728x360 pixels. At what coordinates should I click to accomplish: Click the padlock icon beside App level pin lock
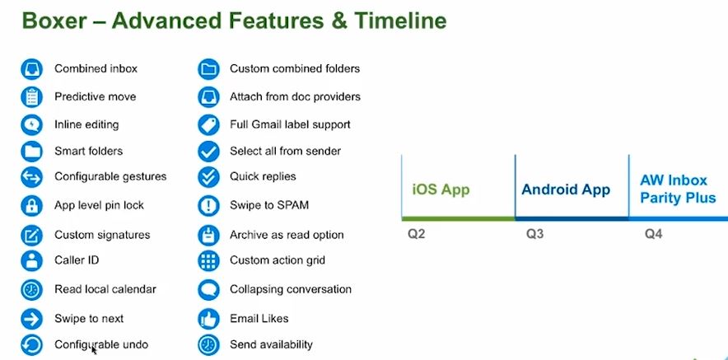(x=31, y=205)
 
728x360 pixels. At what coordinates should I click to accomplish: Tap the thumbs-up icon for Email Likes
(x=208, y=319)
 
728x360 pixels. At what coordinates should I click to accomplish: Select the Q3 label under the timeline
(x=534, y=234)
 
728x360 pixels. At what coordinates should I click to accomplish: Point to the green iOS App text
(x=441, y=189)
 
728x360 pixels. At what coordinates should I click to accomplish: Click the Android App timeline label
(x=566, y=189)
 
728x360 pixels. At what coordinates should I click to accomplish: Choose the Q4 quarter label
(x=653, y=234)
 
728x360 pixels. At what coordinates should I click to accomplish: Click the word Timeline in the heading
(x=400, y=21)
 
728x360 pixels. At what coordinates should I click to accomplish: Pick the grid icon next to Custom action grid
(x=208, y=260)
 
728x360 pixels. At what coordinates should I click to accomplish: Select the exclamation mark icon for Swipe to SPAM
(x=208, y=205)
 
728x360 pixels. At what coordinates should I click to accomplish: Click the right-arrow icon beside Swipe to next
(x=31, y=319)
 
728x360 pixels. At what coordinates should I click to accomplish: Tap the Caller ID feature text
(x=77, y=260)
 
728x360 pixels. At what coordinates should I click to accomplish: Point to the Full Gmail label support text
(x=290, y=124)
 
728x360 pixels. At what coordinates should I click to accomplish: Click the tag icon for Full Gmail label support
(x=208, y=124)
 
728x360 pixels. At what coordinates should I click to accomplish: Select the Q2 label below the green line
(x=416, y=234)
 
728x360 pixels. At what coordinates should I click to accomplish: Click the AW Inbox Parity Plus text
(x=678, y=189)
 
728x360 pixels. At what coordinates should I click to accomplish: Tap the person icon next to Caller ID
(x=31, y=260)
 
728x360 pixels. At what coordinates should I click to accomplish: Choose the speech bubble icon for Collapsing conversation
(x=208, y=289)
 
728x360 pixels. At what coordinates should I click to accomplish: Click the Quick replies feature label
(x=263, y=176)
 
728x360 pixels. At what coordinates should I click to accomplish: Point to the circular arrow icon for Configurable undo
(x=31, y=344)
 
